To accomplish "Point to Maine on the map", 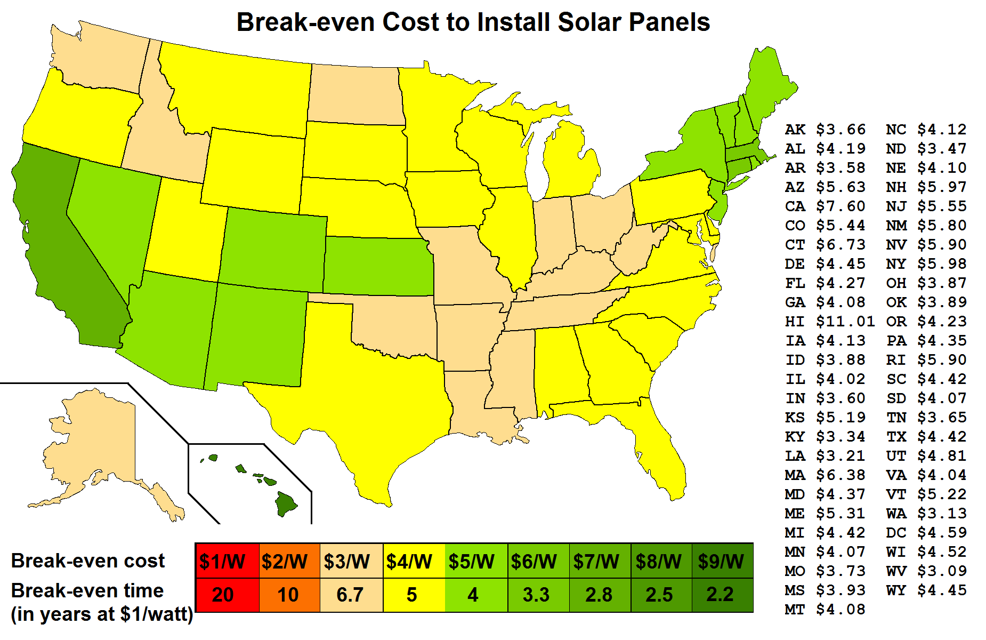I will (x=767, y=85).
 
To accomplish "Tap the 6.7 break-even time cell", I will (x=351, y=594).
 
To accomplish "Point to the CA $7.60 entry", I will (x=825, y=206).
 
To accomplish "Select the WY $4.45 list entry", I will (x=926, y=590).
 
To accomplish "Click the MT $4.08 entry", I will (x=825, y=610).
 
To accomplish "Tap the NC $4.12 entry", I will (x=926, y=130).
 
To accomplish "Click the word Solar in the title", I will (x=589, y=22).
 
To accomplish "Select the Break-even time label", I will (x=87, y=591).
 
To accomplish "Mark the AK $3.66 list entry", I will (x=825, y=130).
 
